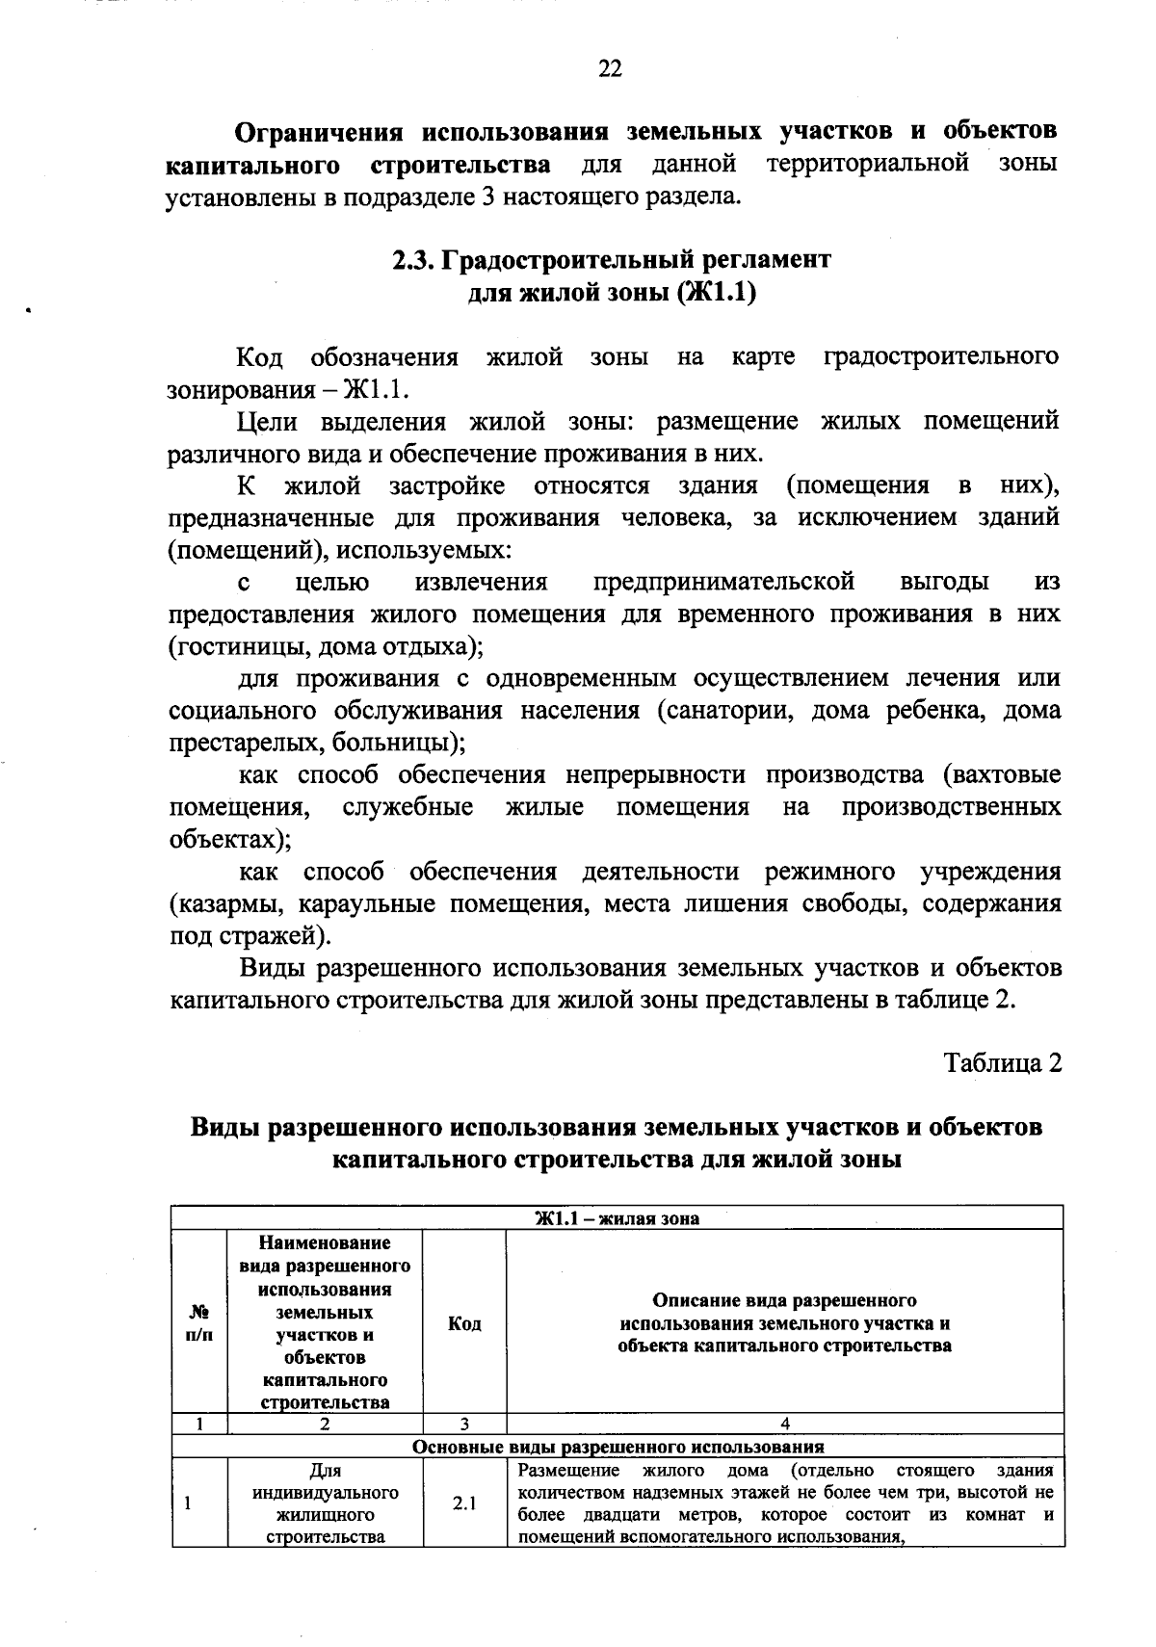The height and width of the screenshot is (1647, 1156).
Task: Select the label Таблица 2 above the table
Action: click(x=1002, y=1063)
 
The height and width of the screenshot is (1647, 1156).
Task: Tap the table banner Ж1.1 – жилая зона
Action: click(x=617, y=1218)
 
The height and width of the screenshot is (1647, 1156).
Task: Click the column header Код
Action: click(x=464, y=1323)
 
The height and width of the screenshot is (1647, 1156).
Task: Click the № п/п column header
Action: click(x=199, y=1323)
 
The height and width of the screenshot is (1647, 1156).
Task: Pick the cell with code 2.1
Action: click(x=464, y=1503)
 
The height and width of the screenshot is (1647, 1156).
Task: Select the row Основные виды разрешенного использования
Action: click(x=617, y=1447)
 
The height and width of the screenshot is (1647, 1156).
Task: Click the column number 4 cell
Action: click(x=784, y=1425)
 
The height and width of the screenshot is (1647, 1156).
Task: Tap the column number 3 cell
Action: click(x=464, y=1425)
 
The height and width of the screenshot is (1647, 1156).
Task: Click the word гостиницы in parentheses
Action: click(x=242, y=646)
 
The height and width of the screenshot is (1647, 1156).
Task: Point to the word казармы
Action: click(x=229, y=903)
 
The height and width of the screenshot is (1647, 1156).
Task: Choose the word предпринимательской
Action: click(x=723, y=582)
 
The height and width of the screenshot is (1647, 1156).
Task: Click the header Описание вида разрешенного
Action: click(x=784, y=1301)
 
